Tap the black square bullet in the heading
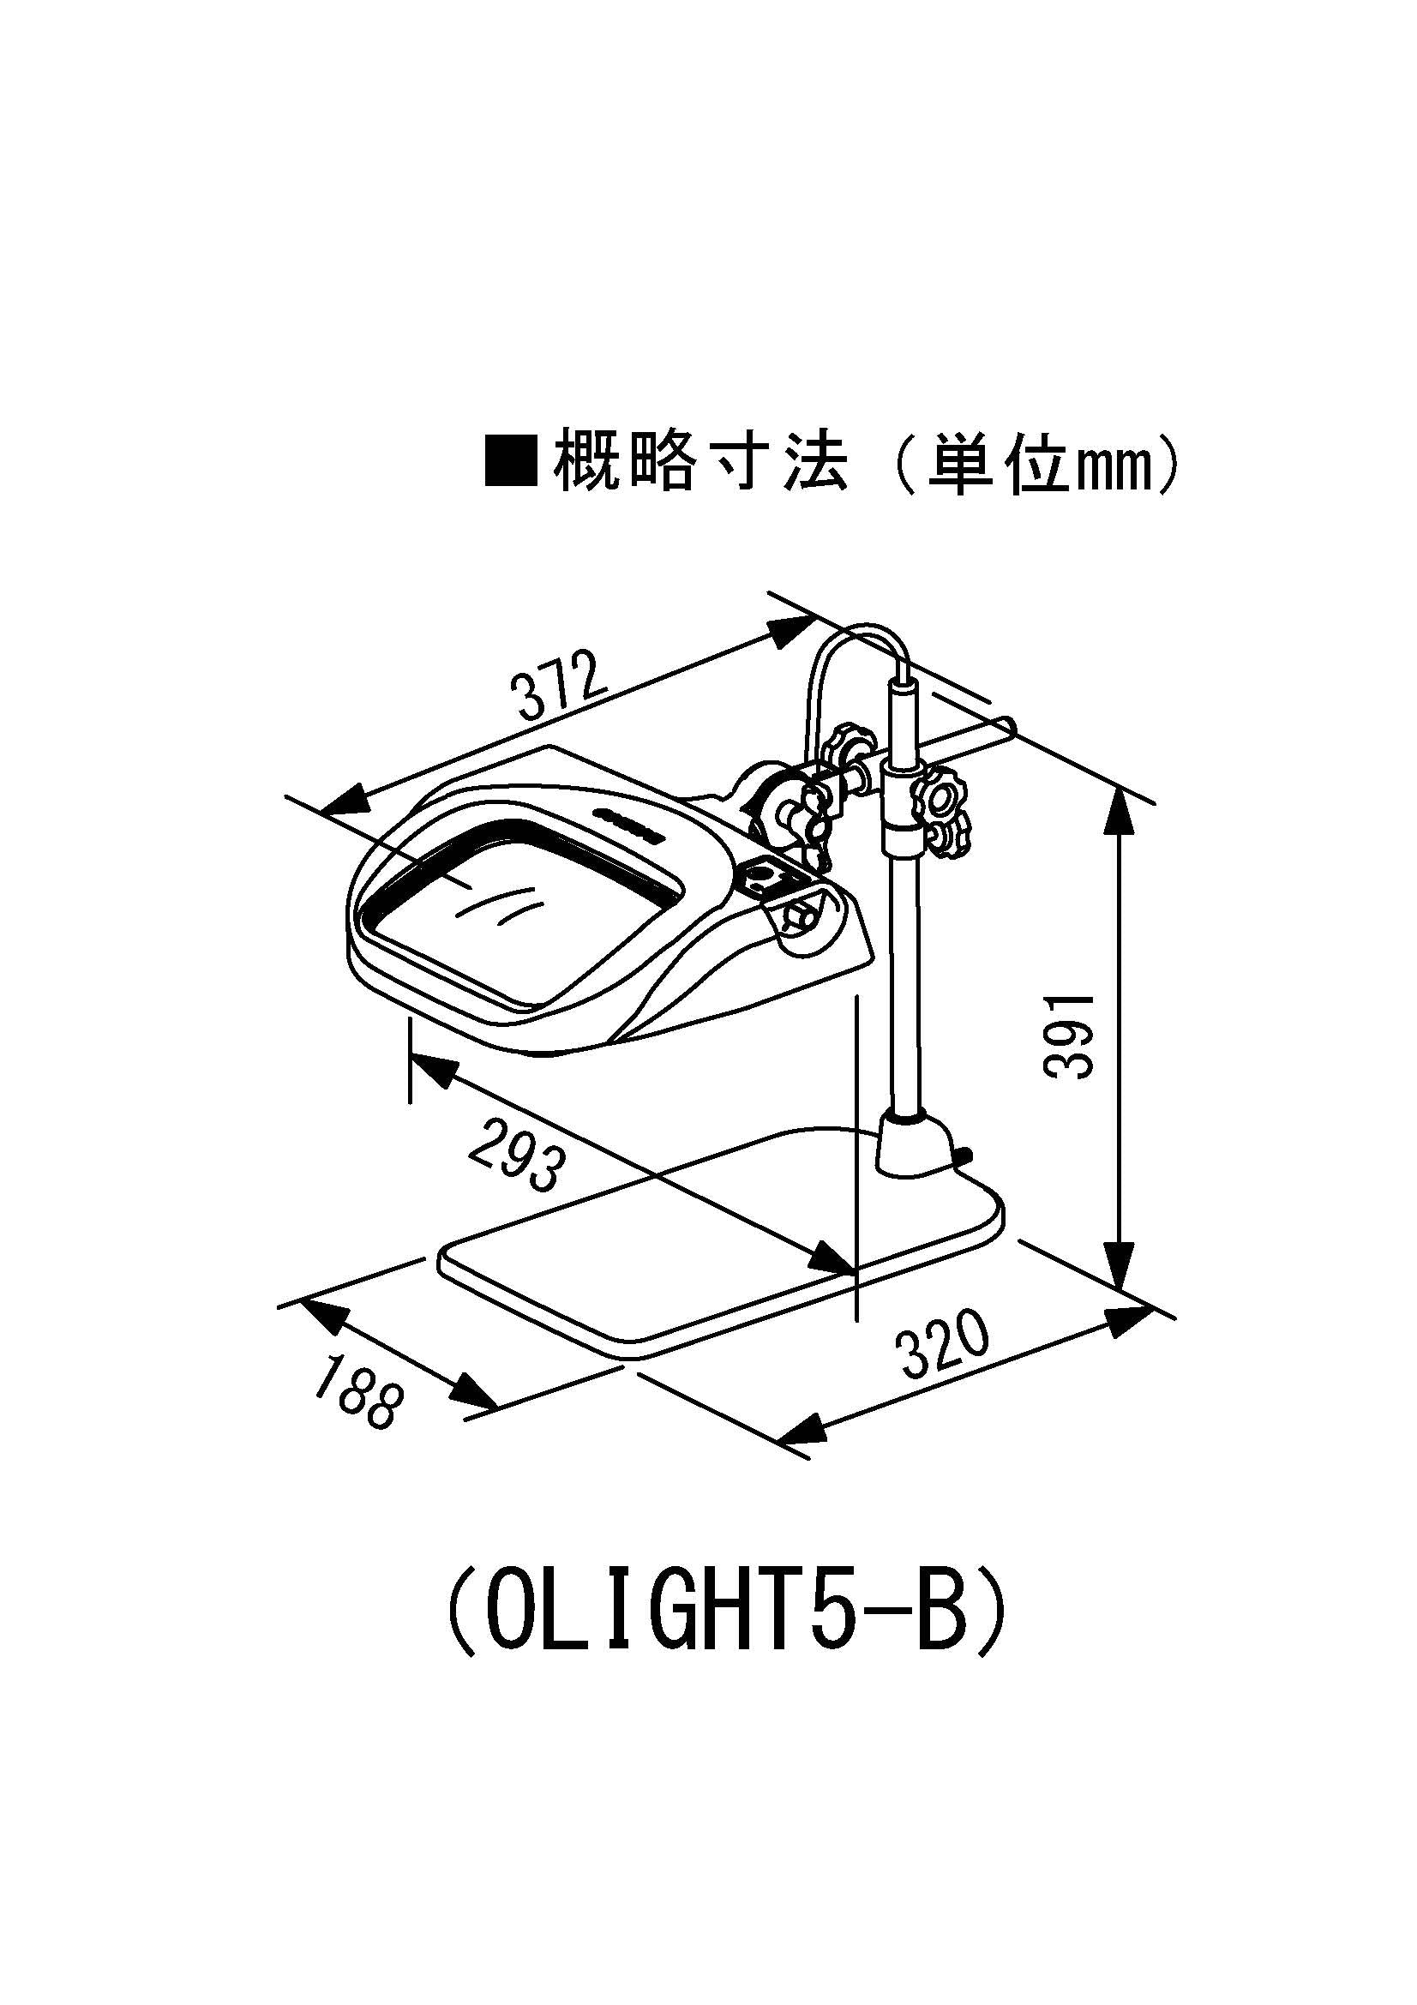[x=511, y=464]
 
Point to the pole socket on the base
[x=916, y=1144]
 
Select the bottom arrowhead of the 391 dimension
[x=1120, y=1270]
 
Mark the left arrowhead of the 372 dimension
[x=345, y=801]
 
